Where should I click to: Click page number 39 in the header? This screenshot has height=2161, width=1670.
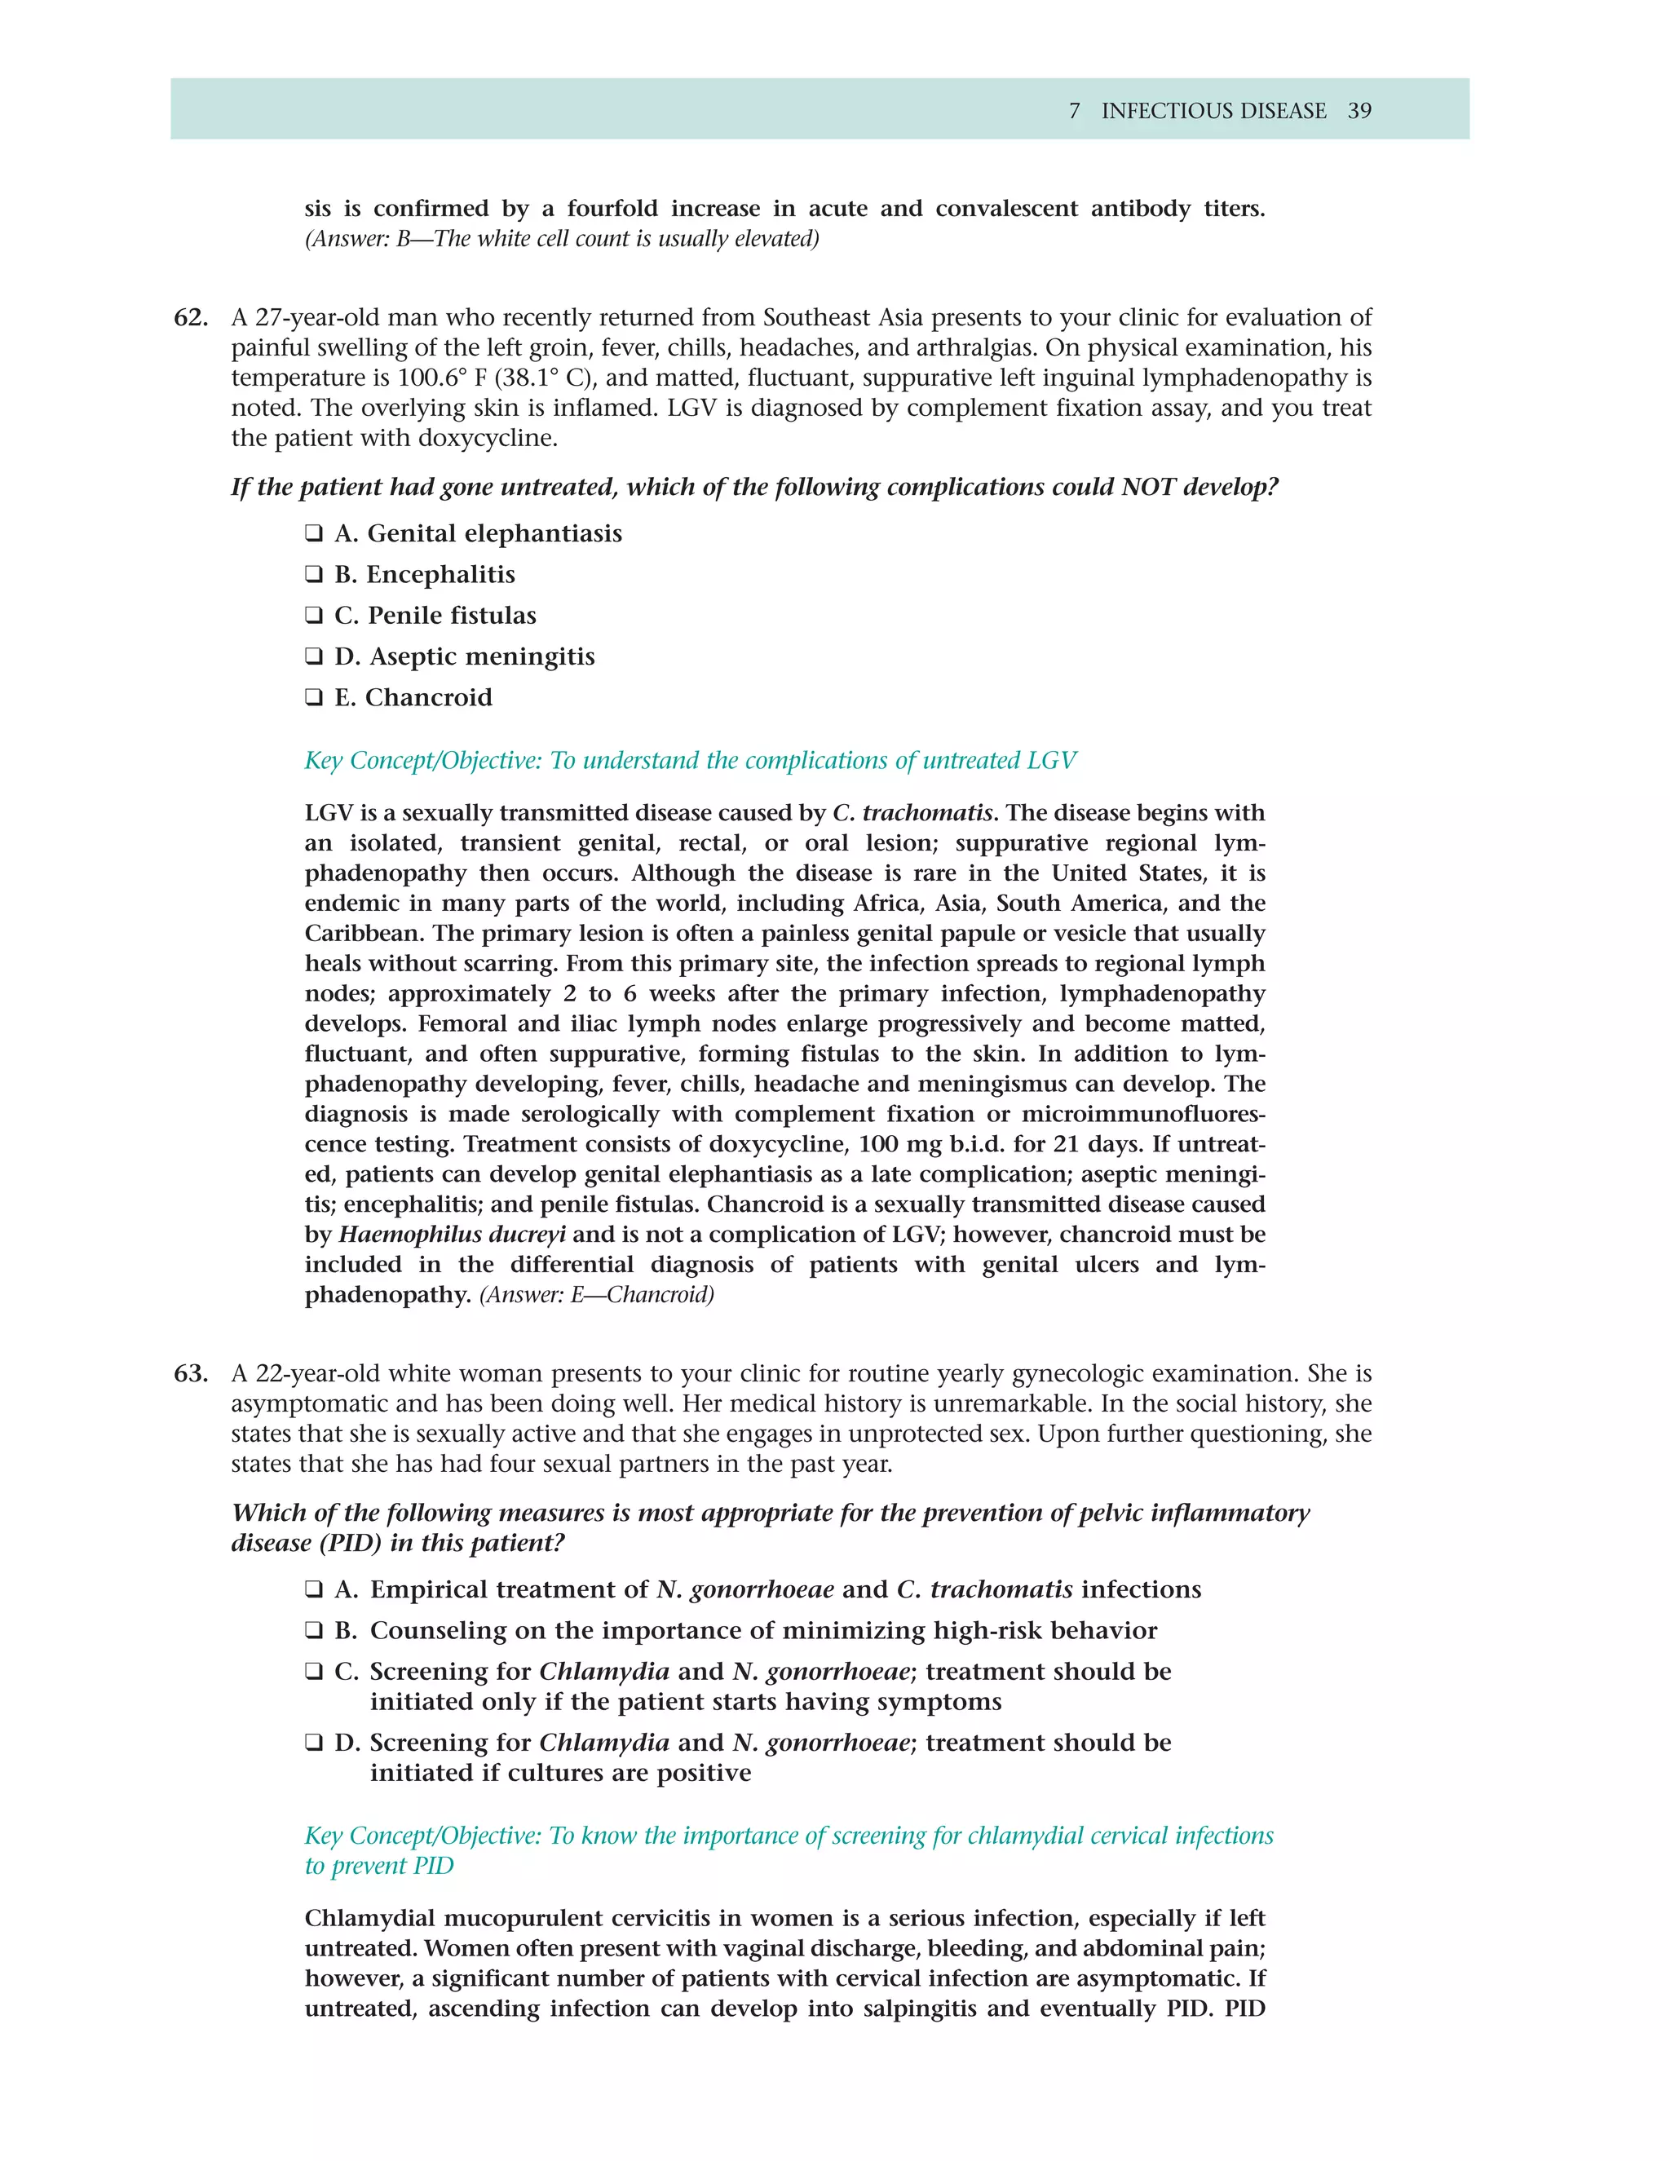coord(1359,111)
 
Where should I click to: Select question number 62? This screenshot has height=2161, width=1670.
coord(191,317)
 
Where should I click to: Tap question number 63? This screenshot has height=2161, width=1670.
coord(191,1373)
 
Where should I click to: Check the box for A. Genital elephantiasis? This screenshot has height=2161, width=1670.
coord(314,534)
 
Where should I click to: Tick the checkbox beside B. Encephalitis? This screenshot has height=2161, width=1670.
coord(314,575)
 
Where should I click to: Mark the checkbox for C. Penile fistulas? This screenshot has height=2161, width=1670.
coord(314,616)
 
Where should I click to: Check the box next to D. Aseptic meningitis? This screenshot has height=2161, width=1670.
coord(314,657)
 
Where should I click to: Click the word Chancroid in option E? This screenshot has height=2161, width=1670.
coord(428,697)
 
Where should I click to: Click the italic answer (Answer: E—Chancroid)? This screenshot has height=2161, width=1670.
coord(597,1294)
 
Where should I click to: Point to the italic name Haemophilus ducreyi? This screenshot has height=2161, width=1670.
coord(452,1234)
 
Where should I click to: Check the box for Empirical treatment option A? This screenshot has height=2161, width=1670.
coord(314,1590)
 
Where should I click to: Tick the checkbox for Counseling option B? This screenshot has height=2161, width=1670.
coord(314,1631)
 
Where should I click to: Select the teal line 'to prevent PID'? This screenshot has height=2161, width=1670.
coord(379,1866)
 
